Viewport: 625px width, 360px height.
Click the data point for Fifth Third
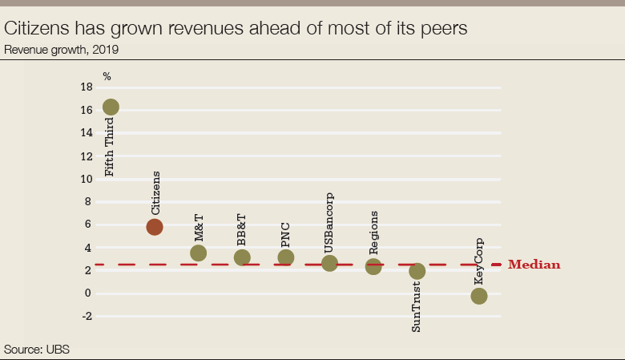coord(111,107)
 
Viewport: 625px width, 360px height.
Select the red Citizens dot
coord(155,227)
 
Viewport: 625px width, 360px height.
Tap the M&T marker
coord(199,253)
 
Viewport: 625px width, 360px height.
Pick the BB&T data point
coord(242,257)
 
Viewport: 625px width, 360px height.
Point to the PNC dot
coord(286,257)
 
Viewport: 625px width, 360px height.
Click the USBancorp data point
coord(329,263)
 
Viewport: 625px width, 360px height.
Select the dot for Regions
coord(373,266)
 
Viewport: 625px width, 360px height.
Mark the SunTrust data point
coord(417,271)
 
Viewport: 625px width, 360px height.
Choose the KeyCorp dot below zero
coord(479,296)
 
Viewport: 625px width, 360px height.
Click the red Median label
coord(534,265)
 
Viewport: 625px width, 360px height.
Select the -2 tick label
coord(87,316)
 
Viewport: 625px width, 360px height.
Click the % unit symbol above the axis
coord(107,76)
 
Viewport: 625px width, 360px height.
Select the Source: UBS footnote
coord(38,350)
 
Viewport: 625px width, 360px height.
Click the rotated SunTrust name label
coord(417,305)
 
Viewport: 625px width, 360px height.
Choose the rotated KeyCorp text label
coord(479,261)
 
